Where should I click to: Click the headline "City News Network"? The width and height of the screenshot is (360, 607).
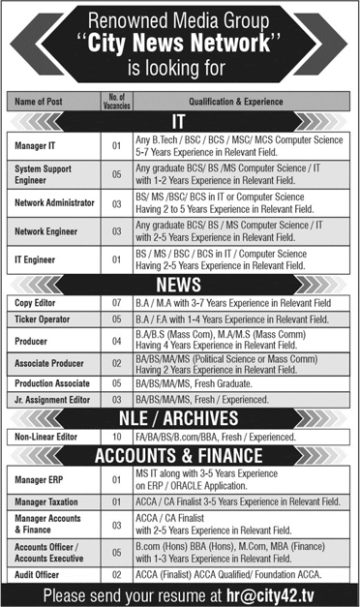pos(181,44)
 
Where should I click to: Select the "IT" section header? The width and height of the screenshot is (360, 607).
pos(179,121)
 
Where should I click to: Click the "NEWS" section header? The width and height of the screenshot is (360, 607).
pos(179,286)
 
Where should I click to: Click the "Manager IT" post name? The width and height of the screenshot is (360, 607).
pos(38,146)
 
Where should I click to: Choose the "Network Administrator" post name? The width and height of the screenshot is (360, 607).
pos(54,203)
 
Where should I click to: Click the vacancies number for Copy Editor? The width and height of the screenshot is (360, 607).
pos(116,304)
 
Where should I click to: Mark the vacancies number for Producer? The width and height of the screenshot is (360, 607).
pos(116,341)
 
